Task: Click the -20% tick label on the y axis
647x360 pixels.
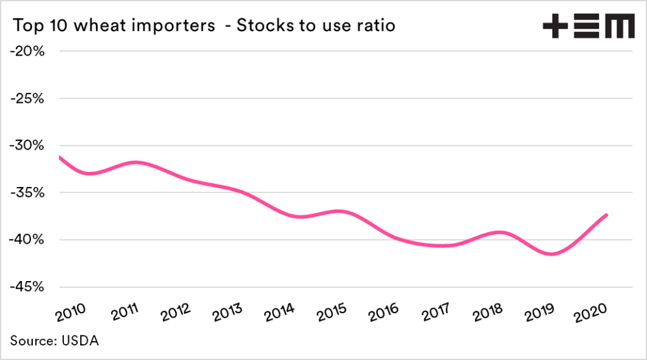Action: [27, 51]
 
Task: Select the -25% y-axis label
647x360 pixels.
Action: [27, 99]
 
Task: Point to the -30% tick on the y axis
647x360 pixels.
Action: [27, 146]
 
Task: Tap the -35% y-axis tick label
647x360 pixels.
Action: [27, 193]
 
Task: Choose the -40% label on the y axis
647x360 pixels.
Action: [27, 240]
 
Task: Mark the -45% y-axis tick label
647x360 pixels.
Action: [27, 287]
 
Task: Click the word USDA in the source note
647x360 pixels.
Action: [80, 342]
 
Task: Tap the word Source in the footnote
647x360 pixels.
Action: [33, 342]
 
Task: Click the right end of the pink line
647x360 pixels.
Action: [607, 215]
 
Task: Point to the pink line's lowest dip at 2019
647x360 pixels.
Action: [552, 255]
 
